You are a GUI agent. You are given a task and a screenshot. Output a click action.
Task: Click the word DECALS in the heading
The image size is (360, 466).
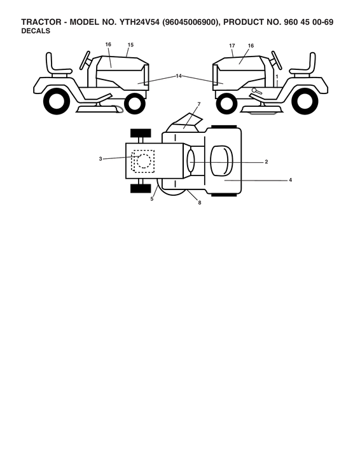(36, 31)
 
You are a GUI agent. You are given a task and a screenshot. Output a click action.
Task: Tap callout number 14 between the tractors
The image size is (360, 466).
(178, 76)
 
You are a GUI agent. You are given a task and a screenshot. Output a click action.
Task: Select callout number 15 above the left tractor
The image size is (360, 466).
(130, 45)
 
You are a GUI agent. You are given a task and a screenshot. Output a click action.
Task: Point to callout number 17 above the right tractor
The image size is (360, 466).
(232, 46)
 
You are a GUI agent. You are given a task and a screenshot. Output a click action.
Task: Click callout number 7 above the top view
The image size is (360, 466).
(199, 104)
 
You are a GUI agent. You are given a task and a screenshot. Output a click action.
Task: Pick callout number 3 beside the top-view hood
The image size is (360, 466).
(100, 159)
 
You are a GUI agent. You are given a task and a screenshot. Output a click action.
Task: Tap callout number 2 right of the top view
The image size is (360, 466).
(267, 162)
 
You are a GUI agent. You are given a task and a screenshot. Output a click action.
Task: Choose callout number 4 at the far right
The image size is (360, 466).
(291, 180)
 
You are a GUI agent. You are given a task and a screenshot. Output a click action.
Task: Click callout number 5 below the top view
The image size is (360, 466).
(152, 199)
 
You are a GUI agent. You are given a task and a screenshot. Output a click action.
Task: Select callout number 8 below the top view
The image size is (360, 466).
(200, 203)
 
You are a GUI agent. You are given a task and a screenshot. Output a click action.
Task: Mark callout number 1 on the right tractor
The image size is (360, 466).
(277, 77)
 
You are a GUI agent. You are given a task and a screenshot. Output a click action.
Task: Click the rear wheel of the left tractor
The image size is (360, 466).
(57, 101)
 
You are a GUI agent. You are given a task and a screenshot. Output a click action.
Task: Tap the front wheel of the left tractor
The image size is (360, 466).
(135, 104)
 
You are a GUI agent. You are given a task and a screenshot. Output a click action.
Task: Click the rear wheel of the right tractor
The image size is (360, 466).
(305, 101)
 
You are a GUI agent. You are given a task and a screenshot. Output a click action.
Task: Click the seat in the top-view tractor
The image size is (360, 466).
(222, 161)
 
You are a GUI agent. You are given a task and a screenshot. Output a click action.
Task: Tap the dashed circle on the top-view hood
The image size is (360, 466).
(144, 161)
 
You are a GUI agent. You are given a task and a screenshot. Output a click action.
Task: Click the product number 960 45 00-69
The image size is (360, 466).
(309, 22)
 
